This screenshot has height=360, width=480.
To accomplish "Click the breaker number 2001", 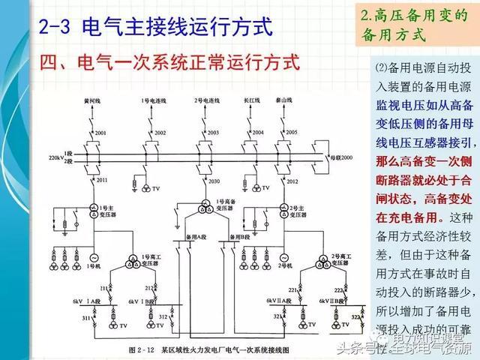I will pyautogui.click(x=100, y=133).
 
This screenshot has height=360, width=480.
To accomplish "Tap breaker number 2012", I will pyautogui.click(x=292, y=182).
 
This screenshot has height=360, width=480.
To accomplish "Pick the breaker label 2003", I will pyautogui.click(x=213, y=133).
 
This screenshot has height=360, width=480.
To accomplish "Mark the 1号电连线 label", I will pyautogui.click(x=152, y=99).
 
